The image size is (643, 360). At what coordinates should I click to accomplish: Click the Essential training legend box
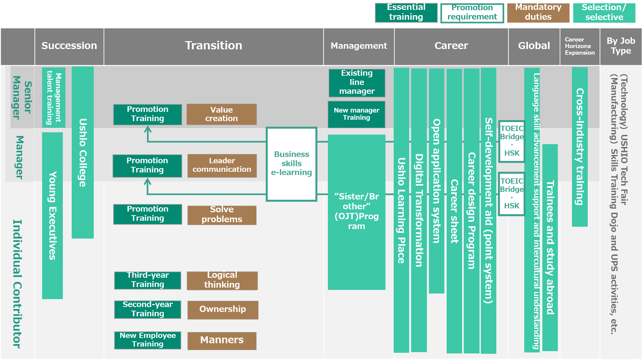(406, 13)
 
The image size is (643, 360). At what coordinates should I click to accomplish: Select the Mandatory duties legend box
(538, 13)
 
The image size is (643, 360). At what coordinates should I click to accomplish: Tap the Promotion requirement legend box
(472, 13)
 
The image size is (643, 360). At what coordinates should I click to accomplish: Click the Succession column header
(69, 46)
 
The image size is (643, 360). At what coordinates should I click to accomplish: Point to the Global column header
(534, 46)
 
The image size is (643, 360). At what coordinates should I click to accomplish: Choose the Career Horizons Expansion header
(580, 46)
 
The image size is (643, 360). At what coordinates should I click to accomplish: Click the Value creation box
(221, 114)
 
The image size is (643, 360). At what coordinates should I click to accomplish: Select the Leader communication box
(222, 166)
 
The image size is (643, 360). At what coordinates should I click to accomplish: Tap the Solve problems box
(222, 215)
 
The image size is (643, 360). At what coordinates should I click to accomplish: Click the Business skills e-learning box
(291, 164)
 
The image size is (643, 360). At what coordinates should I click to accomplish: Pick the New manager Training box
(357, 114)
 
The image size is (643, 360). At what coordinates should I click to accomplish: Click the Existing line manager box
(357, 83)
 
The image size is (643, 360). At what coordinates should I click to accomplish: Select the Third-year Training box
(147, 280)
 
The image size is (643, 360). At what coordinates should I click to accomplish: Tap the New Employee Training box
(147, 340)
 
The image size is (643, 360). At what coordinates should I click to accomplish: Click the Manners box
(222, 340)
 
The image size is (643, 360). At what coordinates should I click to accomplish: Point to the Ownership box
(223, 310)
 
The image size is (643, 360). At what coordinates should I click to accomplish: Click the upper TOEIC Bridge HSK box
(511, 141)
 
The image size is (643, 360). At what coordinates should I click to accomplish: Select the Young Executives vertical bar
(52, 216)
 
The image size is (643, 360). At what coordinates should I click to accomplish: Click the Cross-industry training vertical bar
(580, 146)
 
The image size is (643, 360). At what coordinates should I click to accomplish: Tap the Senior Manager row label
(22, 97)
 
